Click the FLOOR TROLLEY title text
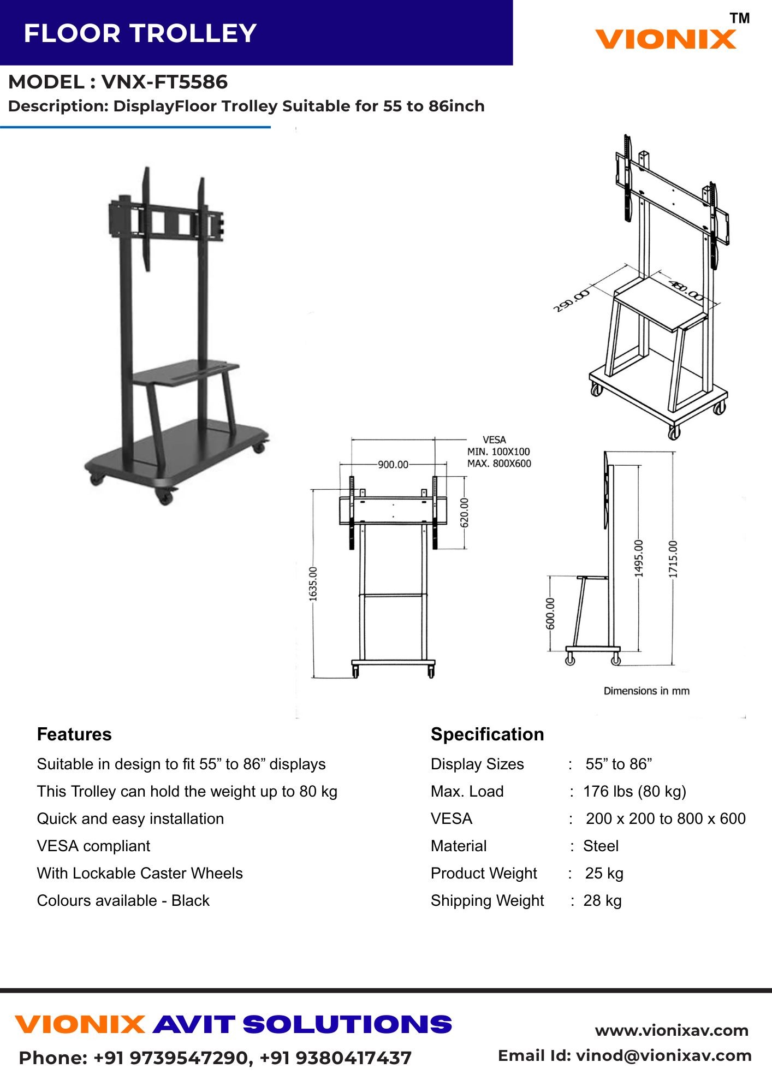pyautogui.click(x=140, y=33)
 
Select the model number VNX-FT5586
pyautogui.click(x=164, y=82)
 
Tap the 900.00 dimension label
pyautogui.click(x=393, y=465)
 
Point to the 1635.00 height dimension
pyautogui.click(x=313, y=584)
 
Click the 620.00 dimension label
pyautogui.click(x=465, y=512)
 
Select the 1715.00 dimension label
pyautogui.click(x=673, y=559)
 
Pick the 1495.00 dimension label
pyautogui.click(x=639, y=558)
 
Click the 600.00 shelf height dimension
pyautogui.click(x=550, y=613)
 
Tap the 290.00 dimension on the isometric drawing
pyautogui.click(x=572, y=301)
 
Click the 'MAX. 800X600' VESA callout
pyautogui.click(x=499, y=464)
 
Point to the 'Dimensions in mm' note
pyautogui.click(x=646, y=691)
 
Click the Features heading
pyautogui.click(x=74, y=734)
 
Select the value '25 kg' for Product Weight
pyautogui.click(x=604, y=873)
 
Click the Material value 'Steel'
pyautogui.click(x=601, y=846)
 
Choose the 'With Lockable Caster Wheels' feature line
pyautogui.click(x=140, y=873)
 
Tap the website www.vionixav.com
pyautogui.click(x=672, y=1030)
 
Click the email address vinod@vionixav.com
pyautogui.click(x=664, y=1055)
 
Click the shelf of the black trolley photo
pyautogui.click(x=186, y=373)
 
